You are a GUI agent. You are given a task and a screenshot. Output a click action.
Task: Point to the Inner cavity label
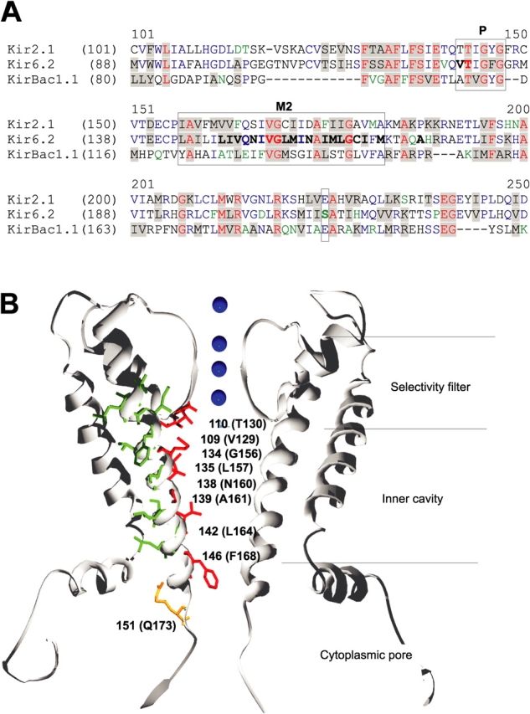(411, 499)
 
